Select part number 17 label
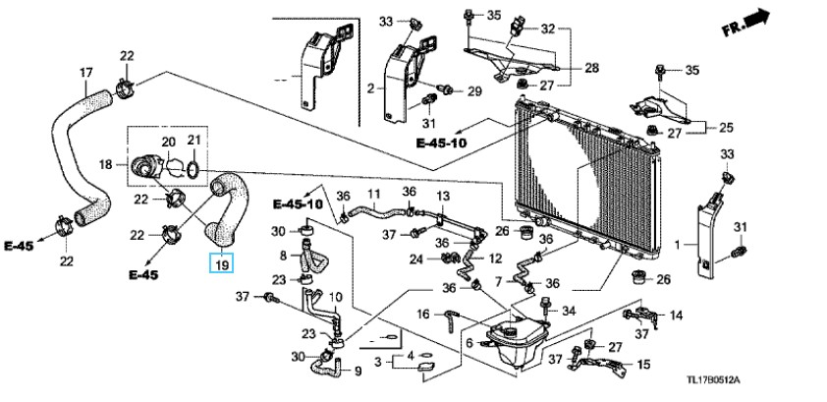86,73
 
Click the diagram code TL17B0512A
713,379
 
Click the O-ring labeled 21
193,169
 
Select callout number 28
592,68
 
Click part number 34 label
568,311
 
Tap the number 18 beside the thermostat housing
106,164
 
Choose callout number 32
548,29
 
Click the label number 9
358,372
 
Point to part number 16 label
423,315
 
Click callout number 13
443,197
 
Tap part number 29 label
474,91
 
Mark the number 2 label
371,88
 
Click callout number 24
416,259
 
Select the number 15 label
643,364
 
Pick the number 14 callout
676,316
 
